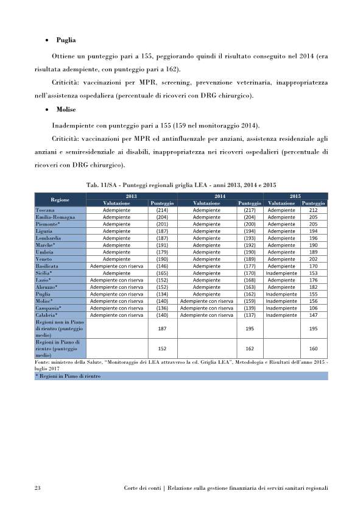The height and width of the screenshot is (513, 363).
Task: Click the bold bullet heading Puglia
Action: (x=66, y=40)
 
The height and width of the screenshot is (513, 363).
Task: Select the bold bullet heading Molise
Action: (x=66, y=110)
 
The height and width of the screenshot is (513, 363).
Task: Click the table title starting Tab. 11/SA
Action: (x=181, y=184)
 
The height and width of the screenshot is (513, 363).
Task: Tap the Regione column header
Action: (x=60, y=199)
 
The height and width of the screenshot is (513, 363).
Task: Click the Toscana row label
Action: (x=46, y=210)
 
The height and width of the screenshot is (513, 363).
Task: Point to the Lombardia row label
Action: (x=49, y=238)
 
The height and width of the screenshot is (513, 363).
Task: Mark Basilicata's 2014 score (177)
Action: (x=250, y=266)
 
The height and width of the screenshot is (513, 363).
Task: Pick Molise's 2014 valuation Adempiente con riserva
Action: (x=206, y=301)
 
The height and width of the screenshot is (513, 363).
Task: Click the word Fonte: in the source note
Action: (x=43, y=363)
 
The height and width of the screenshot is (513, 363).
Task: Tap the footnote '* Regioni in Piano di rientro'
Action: (x=68, y=377)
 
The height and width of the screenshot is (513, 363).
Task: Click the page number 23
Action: (x=37, y=488)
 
